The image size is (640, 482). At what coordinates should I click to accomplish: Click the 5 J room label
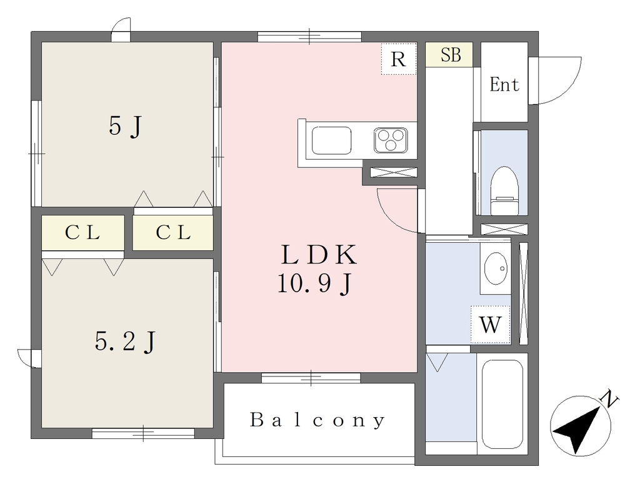tap(125, 126)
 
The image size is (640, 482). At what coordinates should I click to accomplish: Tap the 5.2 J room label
tap(125, 342)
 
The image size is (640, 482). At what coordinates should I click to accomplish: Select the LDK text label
tap(319, 255)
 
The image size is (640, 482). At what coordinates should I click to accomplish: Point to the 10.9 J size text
tap(314, 283)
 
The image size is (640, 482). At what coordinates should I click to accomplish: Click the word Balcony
tap(317, 420)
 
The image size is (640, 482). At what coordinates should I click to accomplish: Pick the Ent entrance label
tap(504, 85)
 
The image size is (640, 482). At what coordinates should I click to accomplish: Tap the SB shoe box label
tap(451, 55)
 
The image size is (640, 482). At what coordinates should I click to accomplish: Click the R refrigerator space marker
tap(398, 59)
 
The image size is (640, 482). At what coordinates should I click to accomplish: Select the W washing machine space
tap(490, 325)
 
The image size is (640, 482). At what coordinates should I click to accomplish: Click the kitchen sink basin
tap(331, 140)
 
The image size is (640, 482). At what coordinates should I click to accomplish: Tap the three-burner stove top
tap(391, 140)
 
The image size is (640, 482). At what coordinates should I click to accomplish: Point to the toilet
tap(504, 191)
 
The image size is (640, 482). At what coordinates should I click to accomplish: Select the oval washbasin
tap(496, 268)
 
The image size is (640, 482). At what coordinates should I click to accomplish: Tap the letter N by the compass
tap(610, 398)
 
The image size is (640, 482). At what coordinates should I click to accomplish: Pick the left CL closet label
tap(82, 232)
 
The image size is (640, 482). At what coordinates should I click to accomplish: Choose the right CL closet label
tap(173, 232)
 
